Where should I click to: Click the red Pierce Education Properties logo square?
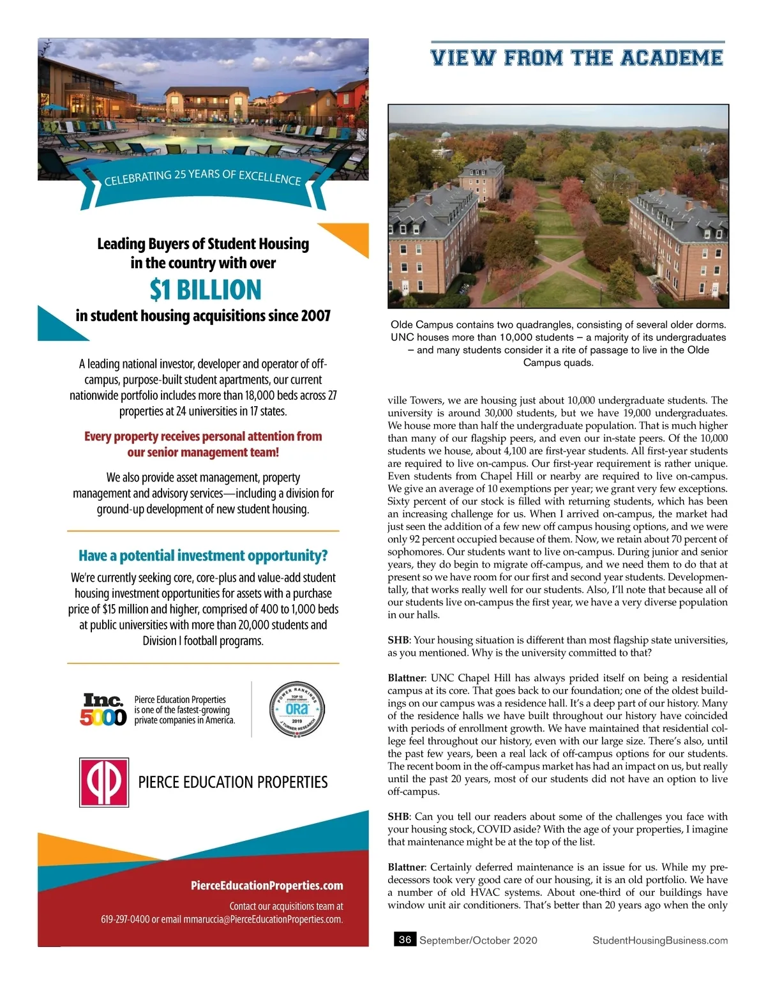click(x=104, y=782)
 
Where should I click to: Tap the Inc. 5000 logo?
click(x=103, y=709)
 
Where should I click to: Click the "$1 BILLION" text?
click(x=206, y=290)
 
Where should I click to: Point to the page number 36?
click(x=405, y=939)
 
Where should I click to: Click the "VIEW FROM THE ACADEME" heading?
click(x=577, y=58)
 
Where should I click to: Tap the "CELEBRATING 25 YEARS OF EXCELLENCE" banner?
click(x=203, y=178)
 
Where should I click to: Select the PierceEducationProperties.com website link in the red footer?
click(x=267, y=885)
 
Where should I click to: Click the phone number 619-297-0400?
click(x=125, y=920)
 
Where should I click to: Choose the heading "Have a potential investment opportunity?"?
click(x=203, y=556)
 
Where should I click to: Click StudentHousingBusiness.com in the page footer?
click(x=660, y=940)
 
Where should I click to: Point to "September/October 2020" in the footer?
click(x=478, y=940)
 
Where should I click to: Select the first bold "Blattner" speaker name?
click(x=406, y=677)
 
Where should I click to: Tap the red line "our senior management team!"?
click(x=203, y=452)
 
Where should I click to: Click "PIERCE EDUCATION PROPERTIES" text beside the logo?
click(x=233, y=782)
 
